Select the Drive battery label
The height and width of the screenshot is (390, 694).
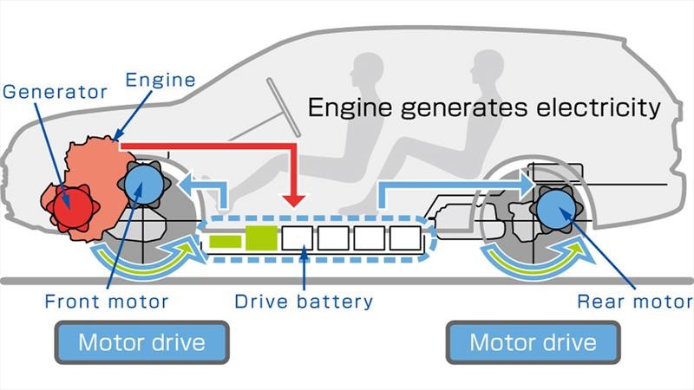click(x=304, y=302)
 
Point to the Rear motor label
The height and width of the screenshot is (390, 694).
click(x=635, y=302)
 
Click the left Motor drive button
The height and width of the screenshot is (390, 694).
click(x=141, y=341)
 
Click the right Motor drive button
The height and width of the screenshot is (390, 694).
click(x=533, y=341)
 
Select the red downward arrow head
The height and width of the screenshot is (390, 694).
click(x=296, y=200)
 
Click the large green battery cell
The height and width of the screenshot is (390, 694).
click(x=261, y=238)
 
